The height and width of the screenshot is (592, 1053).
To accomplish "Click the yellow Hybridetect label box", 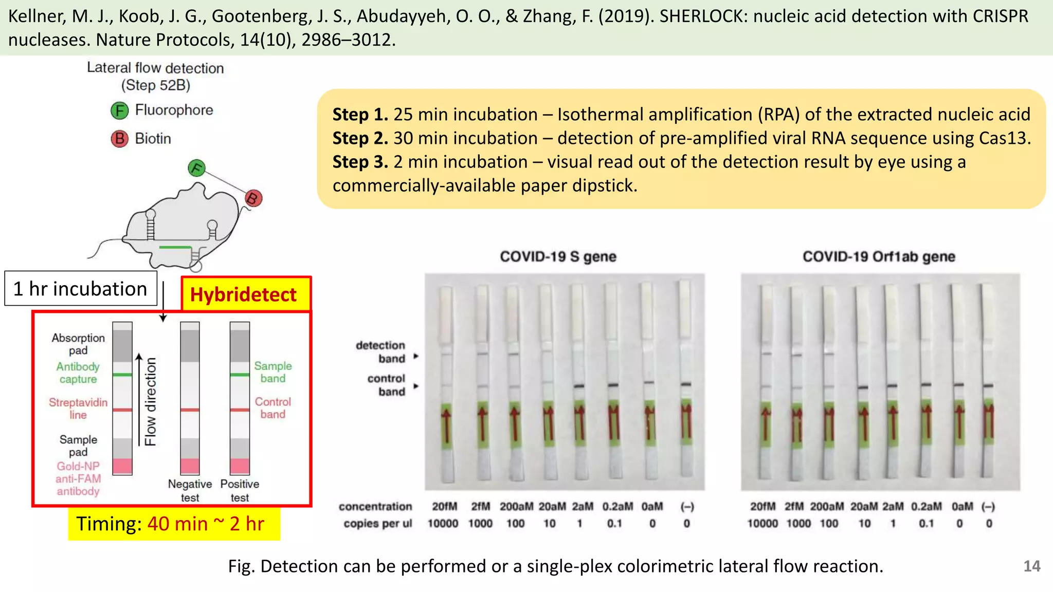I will (x=245, y=294).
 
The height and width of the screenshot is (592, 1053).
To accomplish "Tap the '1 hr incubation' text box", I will (x=81, y=289).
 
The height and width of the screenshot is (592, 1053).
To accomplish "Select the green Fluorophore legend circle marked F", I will (x=119, y=110).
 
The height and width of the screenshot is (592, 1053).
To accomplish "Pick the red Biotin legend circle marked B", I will (x=119, y=139).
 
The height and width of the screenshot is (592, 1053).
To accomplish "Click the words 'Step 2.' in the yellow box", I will (x=360, y=138).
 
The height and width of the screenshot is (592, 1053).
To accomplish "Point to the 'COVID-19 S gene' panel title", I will (x=558, y=256).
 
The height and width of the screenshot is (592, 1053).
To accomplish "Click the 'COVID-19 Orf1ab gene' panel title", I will (x=879, y=256).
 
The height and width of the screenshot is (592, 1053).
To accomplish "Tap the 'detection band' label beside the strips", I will (x=380, y=352).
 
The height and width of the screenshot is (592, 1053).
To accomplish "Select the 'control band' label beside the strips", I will (x=386, y=385).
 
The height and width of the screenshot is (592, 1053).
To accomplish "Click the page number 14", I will (x=1031, y=566).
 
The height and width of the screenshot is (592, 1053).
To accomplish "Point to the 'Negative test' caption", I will (x=190, y=491).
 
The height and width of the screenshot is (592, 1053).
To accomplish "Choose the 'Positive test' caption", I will (x=240, y=491).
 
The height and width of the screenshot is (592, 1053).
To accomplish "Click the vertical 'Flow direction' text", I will (x=150, y=402).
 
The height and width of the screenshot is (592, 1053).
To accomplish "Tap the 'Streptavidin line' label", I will (x=78, y=409).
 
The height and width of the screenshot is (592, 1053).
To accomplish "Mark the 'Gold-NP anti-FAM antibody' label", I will (x=78, y=478).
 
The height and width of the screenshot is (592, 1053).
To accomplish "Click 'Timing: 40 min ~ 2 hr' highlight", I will (x=174, y=524).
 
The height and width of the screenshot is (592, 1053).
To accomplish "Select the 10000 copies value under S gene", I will (x=443, y=524).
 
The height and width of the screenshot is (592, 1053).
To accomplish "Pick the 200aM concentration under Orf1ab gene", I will (x=827, y=507).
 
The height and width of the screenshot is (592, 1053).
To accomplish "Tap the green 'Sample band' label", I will (x=273, y=372).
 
